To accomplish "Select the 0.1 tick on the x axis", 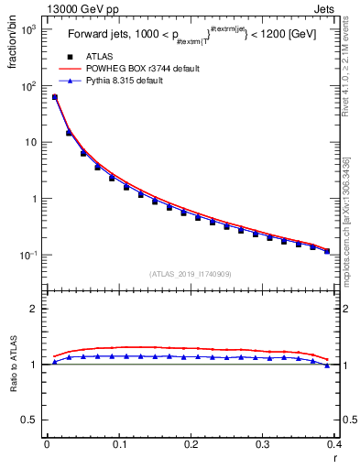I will click(119, 444).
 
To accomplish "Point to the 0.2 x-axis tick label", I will click(191, 444).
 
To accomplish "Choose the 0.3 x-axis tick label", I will click(263, 444).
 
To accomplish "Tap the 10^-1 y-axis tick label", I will click(29, 255).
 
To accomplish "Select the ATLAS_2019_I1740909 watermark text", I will click(191, 274).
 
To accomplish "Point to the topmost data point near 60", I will click(55, 97).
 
